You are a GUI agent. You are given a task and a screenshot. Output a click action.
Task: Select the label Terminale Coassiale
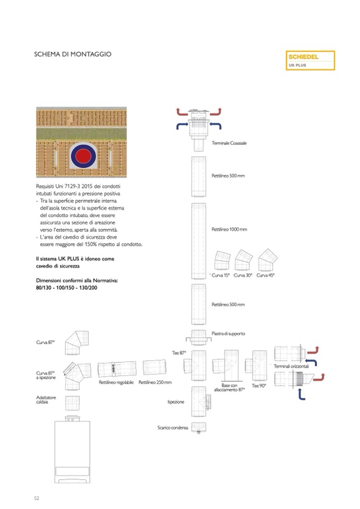[229, 143]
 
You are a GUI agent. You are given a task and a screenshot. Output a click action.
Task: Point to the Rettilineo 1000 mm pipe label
[229, 229]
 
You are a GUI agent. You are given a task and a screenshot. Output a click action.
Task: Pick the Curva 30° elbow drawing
[243, 260]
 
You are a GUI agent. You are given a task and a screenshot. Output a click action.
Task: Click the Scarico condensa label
[173, 428]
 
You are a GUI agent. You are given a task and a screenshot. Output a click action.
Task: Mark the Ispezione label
[176, 402]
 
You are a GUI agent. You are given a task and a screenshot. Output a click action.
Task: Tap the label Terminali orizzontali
[291, 367]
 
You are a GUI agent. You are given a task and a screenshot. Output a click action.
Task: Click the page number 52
[37, 498]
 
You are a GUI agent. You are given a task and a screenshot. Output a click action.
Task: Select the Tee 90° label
[259, 386]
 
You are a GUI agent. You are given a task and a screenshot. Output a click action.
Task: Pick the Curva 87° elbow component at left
[75, 343]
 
